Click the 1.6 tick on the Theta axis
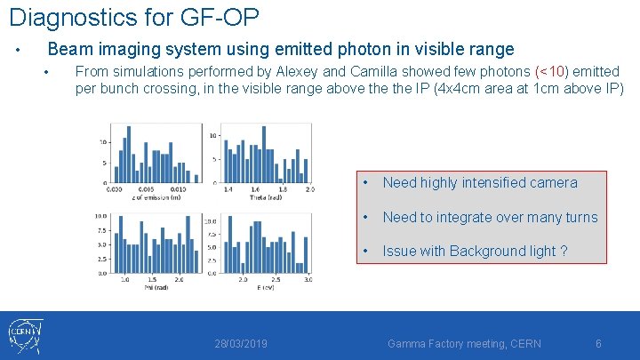pyautogui.click(x=256, y=189)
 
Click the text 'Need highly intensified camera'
pyautogui.click(x=480, y=183)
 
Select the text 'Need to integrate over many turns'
pyautogui.click(x=490, y=218)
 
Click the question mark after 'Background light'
pyautogui.click(x=564, y=252)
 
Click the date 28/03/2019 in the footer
pyautogui.click(x=241, y=343)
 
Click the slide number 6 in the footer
pyautogui.click(x=598, y=343)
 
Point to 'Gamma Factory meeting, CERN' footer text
pyautogui.click(x=464, y=343)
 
